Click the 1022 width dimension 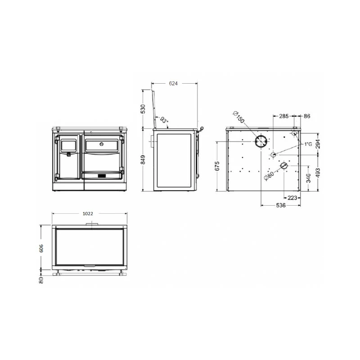(x=88, y=213)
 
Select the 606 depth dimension (x=41, y=248)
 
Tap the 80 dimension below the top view (x=41, y=280)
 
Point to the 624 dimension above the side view (x=173, y=84)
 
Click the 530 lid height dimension (x=143, y=109)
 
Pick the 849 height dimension (x=143, y=160)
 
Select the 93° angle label (x=164, y=120)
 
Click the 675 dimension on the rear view (x=217, y=166)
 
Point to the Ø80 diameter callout (x=269, y=176)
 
